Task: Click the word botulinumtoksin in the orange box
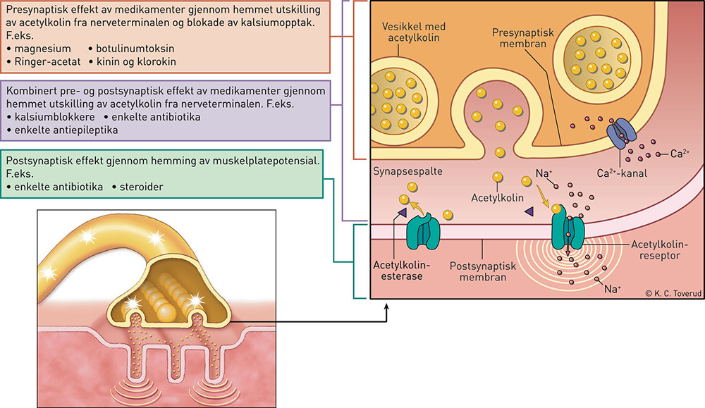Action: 135,48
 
